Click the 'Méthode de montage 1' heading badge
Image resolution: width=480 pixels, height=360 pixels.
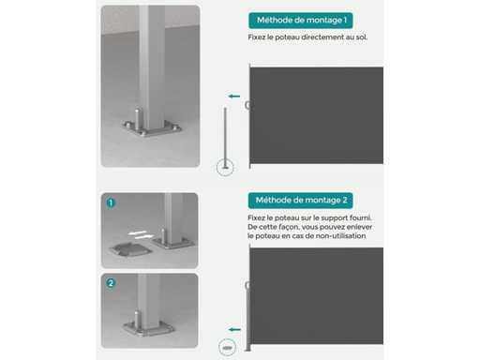pyautogui.click(x=301, y=21)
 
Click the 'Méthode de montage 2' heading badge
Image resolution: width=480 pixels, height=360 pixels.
pyautogui.click(x=301, y=201)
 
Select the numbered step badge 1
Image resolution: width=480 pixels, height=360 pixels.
pyautogui.click(x=111, y=202)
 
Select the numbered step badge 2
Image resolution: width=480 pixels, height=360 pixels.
pyautogui.click(x=111, y=283)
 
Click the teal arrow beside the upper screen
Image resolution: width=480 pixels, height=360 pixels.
pyautogui.click(x=234, y=97)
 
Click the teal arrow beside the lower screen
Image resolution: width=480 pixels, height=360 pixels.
pyautogui.click(x=234, y=329)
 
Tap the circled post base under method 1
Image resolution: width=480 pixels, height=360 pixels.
pyautogui.click(x=225, y=167)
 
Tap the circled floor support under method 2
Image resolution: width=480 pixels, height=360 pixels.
pyautogui.click(x=227, y=347)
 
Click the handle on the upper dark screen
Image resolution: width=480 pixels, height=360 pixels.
pyautogui.click(x=247, y=105)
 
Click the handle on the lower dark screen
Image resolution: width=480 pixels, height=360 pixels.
pyautogui.click(x=247, y=285)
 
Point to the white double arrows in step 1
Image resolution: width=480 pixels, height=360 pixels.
pyautogui.click(x=141, y=235)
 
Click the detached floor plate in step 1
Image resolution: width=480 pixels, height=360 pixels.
pyautogui.click(x=130, y=249)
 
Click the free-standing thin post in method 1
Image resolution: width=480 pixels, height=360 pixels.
pyautogui.click(x=225, y=139)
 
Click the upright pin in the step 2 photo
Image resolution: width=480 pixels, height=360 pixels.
pyautogui.click(x=137, y=320)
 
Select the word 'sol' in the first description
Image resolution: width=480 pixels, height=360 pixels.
pyautogui.click(x=361, y=37)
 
